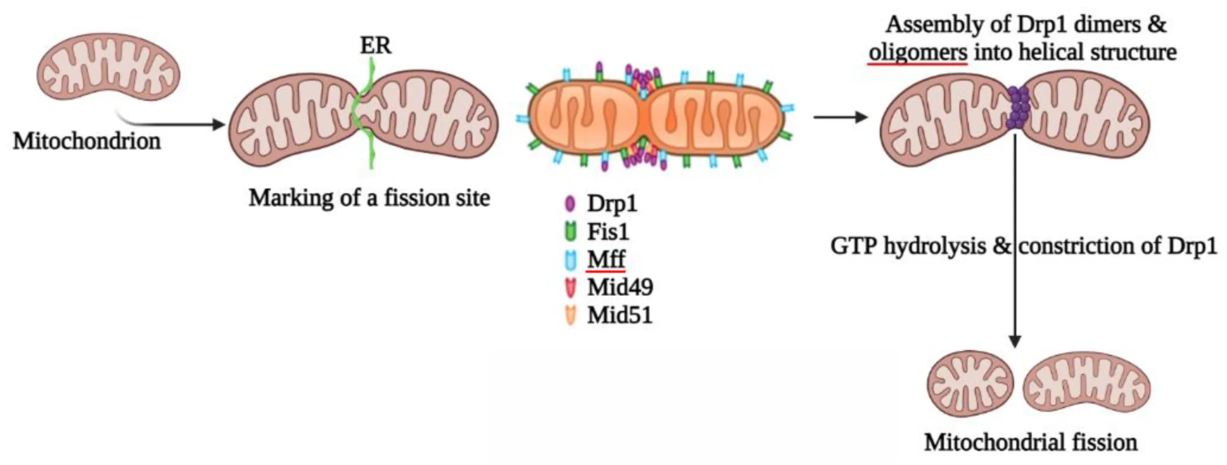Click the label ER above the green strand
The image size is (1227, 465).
pos(375,46)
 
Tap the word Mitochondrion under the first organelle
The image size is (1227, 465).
pos(87,141)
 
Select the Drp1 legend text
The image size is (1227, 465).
pos(612,204)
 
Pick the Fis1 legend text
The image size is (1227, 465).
pos(608,232)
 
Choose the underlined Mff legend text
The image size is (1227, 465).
pos(606,259)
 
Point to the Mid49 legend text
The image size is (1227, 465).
pos(620,287)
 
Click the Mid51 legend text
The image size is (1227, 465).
pos(620,315)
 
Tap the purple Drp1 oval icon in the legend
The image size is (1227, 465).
pos(570,204)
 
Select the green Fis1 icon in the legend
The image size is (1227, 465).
pos(570,232)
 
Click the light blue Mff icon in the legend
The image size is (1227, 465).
pos(570,259)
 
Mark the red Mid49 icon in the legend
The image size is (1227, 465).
pos(570,287)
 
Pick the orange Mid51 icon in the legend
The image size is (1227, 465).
pos(570,315)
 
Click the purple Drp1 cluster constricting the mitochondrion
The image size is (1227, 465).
pos(1018,107)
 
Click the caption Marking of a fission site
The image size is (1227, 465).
pos(369,198)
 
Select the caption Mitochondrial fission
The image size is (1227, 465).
pos(1030,442)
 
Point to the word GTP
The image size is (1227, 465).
pos(854,246)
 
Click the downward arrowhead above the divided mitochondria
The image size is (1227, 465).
pos(1015,341)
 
